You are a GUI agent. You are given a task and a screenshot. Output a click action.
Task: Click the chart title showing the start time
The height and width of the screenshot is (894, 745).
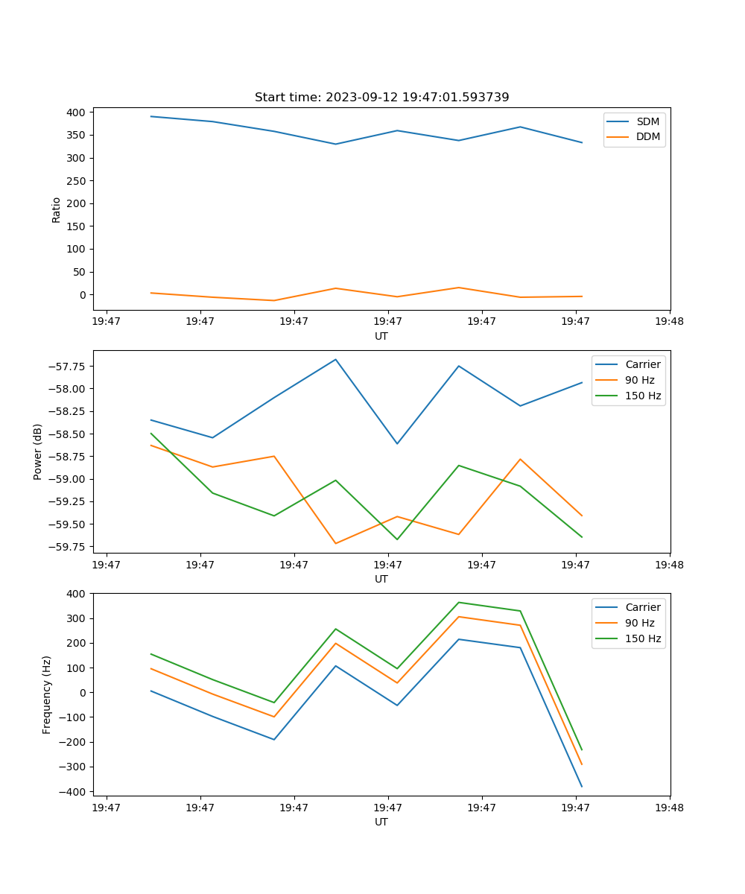[381, 98]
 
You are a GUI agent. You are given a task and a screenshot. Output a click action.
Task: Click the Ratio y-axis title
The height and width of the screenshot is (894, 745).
[57, 209]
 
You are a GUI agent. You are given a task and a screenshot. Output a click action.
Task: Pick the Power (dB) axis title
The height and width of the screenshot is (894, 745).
[38, 451]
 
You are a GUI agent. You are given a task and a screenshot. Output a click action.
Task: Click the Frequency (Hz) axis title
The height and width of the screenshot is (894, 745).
[47, 694]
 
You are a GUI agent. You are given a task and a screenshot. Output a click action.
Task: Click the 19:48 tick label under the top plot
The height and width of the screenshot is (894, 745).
[669, 322]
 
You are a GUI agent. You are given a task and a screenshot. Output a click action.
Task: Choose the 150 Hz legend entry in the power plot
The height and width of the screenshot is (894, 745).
[643, 396]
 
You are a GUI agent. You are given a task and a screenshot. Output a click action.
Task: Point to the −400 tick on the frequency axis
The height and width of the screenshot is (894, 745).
[72, 791]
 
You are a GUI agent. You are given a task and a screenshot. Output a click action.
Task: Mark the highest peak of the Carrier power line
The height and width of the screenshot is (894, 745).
[335, 359]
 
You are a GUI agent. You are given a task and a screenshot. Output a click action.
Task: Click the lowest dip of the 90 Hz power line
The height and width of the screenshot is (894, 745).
[335, 543]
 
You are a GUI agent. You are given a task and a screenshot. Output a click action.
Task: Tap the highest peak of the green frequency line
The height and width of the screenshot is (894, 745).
[458, 602]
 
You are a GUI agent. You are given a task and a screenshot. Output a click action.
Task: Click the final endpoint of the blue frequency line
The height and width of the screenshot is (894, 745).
[582, 787]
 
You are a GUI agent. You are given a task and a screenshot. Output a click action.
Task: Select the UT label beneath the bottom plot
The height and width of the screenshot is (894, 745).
[381, 822]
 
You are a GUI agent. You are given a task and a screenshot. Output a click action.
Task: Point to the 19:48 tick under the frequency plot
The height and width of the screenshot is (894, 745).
[669, 808]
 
